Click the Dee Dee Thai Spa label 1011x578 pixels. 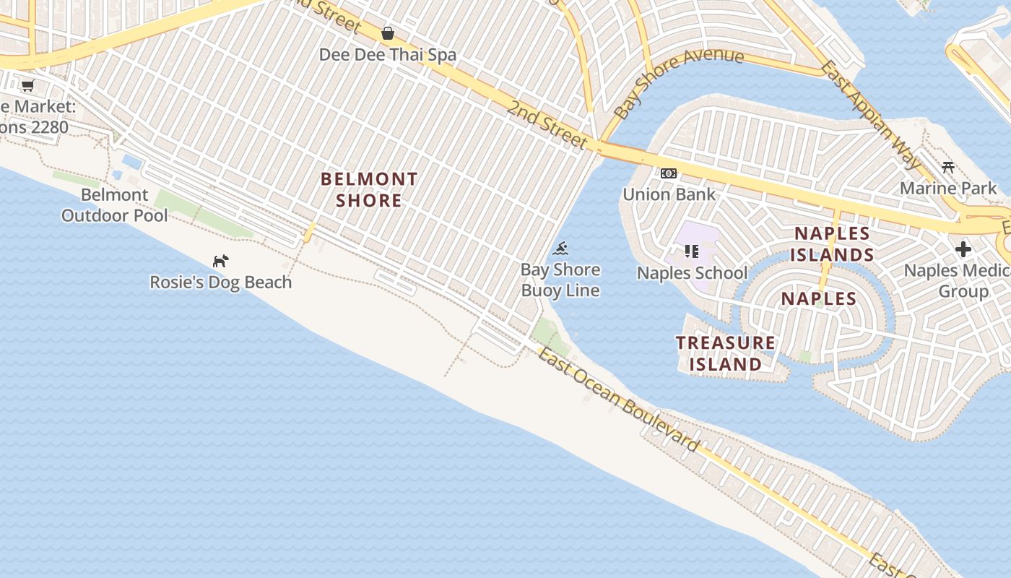coord(388,55)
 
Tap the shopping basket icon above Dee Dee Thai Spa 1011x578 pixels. coord(388,33)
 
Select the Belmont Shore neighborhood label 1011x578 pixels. coord(369,189)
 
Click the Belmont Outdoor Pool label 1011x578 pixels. coord(114,205)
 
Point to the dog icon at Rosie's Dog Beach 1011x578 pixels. coord(220,261)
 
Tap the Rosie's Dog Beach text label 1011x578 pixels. coord(221,282)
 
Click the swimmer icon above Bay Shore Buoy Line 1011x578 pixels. coord(560,250)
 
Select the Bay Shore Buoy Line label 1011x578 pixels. coord(560,280)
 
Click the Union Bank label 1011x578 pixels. coord(669,194)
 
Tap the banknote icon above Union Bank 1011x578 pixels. coord(669,173)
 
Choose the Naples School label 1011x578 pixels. coord(692,273)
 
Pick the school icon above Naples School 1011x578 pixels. coord(692,251)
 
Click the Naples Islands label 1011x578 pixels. coord(832,244)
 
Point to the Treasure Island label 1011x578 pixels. coord(726,353)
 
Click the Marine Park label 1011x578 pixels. coord(948,189)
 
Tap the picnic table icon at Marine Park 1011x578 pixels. coord(948,168)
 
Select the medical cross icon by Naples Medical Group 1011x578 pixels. coord(963,250)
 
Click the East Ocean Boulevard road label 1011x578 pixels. coord(620,400)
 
